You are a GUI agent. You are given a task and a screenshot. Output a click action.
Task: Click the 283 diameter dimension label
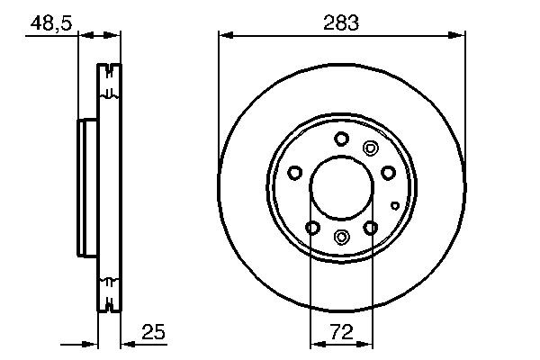click(342, 22)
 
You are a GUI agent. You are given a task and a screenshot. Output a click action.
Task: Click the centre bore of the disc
click(342, 188)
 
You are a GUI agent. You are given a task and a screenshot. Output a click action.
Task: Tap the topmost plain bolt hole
click(341, 139)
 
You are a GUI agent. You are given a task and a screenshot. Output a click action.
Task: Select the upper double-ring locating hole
click(368, 148)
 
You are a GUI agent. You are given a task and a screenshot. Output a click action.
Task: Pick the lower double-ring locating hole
click(341, 237)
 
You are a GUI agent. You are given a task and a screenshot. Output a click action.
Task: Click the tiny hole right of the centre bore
click(395, 205)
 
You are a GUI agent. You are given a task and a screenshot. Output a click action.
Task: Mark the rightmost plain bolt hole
click(388, 173)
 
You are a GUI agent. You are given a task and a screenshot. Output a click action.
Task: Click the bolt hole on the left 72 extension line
click(311, 228)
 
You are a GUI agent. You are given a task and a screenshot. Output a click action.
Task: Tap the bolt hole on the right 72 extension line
click(371, 228)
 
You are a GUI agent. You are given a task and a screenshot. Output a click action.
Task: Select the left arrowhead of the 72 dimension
click(315, 343)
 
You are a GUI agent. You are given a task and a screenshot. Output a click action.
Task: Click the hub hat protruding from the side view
click(86, 188)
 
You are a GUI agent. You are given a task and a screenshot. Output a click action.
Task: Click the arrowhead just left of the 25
click(128, 343)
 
